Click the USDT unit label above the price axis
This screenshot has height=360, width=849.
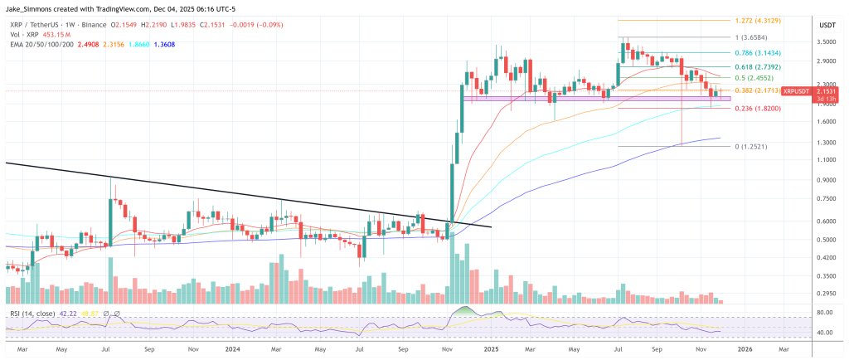(826, 27)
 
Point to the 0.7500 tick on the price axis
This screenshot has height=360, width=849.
(826, 199)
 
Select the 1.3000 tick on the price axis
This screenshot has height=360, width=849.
(826, 142)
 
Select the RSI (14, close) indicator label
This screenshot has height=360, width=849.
(32, 314)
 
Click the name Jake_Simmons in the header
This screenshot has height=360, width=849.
(30, 6)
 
